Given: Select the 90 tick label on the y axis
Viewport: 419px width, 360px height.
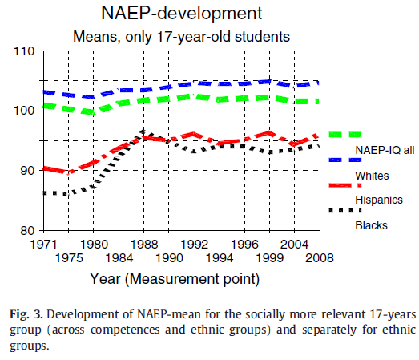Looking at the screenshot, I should point(28,171).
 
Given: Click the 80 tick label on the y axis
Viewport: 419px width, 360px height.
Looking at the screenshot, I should point(28,231).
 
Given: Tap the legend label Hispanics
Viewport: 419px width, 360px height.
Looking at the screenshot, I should point(377,199).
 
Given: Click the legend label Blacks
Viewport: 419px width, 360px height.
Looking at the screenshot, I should point(371,224).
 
